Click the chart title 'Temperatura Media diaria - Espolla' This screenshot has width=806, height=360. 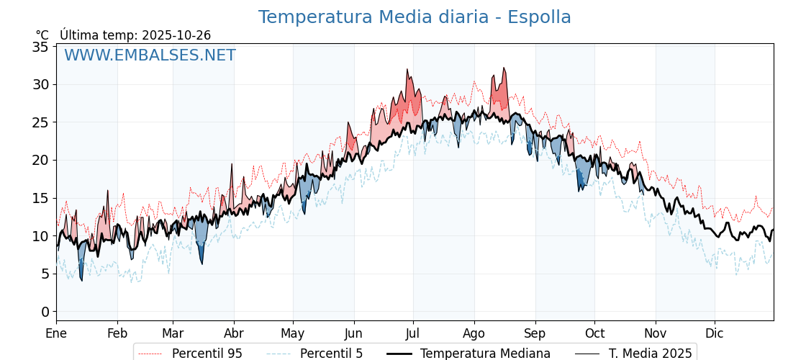coord(415,17)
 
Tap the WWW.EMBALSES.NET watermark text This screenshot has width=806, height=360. coord(150,55)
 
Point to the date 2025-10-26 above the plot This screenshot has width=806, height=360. coord(176,35)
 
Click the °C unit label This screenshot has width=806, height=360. coord(42,35)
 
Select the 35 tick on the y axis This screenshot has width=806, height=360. coord(40,47)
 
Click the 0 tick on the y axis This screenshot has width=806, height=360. coord(45,312)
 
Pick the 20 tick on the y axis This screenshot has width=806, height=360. coord(40,160)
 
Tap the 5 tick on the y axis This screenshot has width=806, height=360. coord(45,274)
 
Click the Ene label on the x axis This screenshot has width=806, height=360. coord(56,333)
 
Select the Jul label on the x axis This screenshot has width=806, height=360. coord(413,333)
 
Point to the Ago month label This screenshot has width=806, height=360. coord(474,333)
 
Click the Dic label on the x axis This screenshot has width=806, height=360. coord(715,333)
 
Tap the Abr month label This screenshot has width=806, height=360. coord(234,333)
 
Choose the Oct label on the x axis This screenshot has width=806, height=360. coord(594,333)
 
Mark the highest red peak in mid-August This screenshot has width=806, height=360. coord(504,68)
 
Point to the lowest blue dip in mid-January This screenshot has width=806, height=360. coord(81,280)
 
